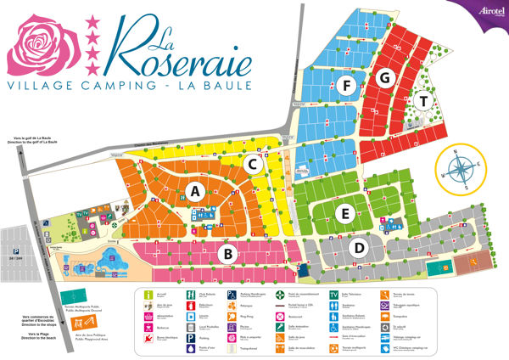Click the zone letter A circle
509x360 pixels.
pos(195,191)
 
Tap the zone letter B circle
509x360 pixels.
pos(227,252)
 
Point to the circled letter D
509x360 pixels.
pos(359,248)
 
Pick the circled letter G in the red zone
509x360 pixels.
pos(386,78)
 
